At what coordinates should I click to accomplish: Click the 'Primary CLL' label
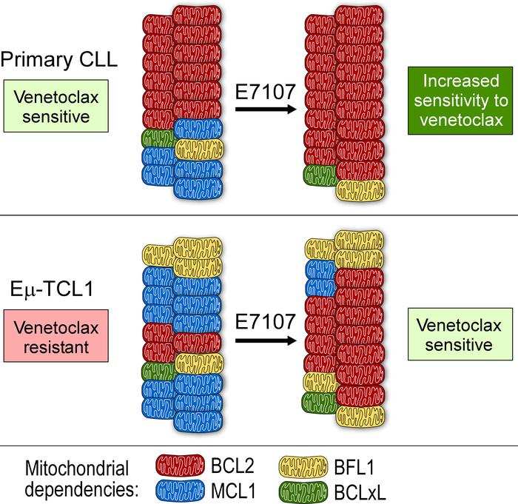pyautogui.click(x=58, y=61)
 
